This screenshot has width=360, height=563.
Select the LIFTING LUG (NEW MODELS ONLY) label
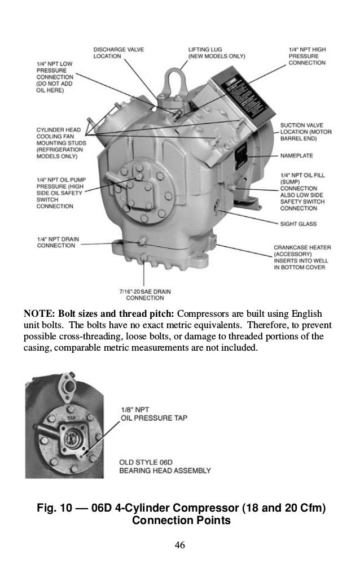(216, 53)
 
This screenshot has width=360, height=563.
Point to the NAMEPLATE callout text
(297, 155)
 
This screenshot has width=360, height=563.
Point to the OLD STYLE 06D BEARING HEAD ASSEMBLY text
(165, 466)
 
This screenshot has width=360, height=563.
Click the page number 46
(180, 545)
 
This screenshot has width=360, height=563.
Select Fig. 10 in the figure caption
(55, 508)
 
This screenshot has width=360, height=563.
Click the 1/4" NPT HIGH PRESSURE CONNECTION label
(307, 56)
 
